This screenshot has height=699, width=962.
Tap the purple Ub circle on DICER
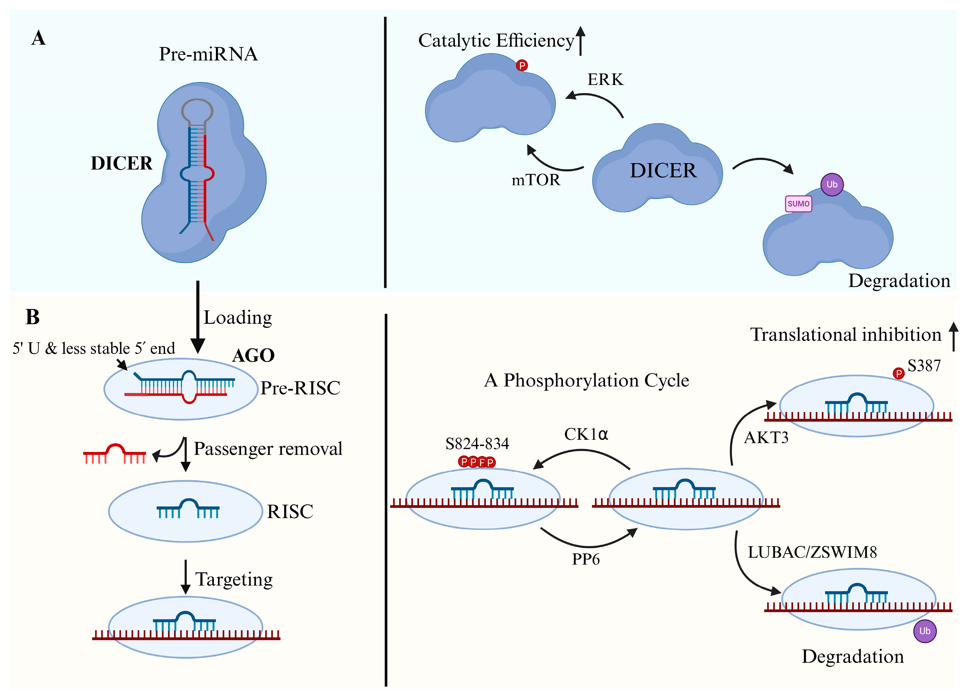tap(832, 184)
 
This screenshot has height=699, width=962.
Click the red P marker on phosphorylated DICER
tap(522, 66)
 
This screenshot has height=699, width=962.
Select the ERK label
tap(605, 80)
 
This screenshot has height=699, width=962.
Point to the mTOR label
tap(536, 180)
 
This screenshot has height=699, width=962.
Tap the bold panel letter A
tap(39, 38)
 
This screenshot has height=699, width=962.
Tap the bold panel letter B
tap(33, 317)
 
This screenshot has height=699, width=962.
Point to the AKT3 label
tap(766, 438)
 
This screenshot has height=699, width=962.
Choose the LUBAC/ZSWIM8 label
tap(812, 552)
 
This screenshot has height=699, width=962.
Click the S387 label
tap(924, 366)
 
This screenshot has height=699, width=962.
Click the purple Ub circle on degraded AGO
tap(925, 631)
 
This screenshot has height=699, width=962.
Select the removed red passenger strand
tap(114, 454)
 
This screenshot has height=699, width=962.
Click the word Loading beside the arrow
tap(238, 318)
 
